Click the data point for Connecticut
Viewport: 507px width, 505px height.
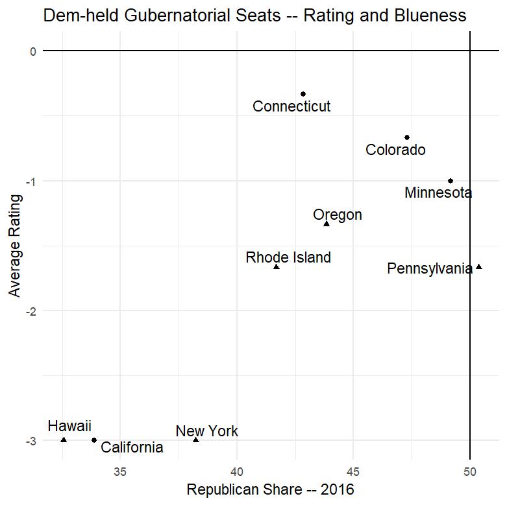click(303, 94)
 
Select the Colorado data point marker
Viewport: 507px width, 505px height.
click(407, 137)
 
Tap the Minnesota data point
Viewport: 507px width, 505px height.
click(451, 181)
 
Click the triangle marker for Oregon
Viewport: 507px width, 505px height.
click(327, 224)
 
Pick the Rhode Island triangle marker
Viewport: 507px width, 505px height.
click(277, 266)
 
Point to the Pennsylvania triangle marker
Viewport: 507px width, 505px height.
click(479, 266)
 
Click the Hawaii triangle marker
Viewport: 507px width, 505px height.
click(64, 440)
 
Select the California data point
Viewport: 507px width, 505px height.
click(94, 440)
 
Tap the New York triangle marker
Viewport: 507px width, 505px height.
click(196, 440)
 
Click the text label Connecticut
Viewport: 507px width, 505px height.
click(291, 106)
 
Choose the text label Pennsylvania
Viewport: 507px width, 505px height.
click(430, 268)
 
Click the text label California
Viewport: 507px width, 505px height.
click(132, 447)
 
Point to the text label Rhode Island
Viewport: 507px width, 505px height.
click(288, 257)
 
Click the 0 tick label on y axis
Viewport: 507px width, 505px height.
click(33, 51)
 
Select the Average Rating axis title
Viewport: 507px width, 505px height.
click(14, 246)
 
